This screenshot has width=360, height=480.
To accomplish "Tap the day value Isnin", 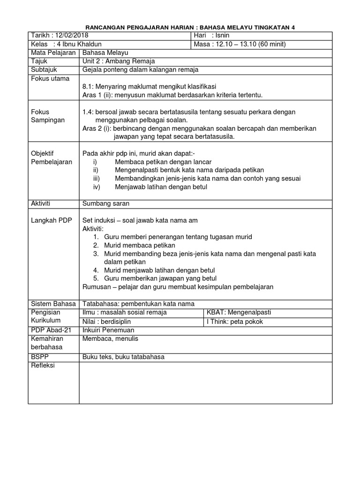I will (x=223, y=36).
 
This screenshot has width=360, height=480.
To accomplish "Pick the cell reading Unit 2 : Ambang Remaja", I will (x=118, y=61).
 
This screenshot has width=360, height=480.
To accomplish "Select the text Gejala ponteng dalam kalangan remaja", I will (x=140, y=70).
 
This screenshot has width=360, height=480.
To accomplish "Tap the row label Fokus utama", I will (x=50, y=78).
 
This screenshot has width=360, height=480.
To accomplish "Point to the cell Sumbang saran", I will (x=105, y=204).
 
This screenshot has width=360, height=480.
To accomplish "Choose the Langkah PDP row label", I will (x=52, y=220).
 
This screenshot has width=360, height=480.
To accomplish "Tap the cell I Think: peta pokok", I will (x=235, y=321).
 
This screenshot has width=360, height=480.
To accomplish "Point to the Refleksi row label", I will (x=43, y=365).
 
